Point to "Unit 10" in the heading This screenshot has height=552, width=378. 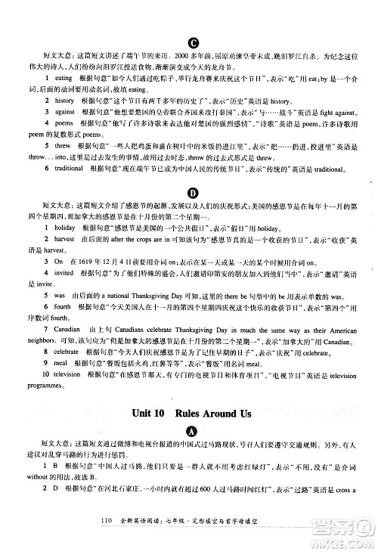pyautogui.click(x=147, y=414)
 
